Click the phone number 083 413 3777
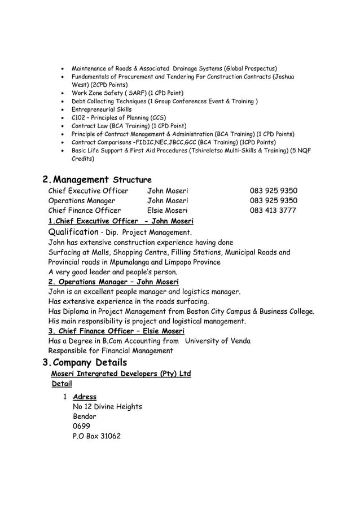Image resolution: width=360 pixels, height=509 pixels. pyautogui.click(x=273, y=211)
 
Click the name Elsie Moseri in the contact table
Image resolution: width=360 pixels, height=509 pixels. pyautogui.click(x=168, y=211)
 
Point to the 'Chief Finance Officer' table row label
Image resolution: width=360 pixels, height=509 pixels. pyautogui.click(x=85, y=211)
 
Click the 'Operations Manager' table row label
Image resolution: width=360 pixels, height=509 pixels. pyautogui.click(x=82, y=201)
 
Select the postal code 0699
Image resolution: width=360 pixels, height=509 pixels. pyautogui.click(x=81, y=426)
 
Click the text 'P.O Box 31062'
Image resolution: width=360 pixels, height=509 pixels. pyautogui.click(x=96, y=436)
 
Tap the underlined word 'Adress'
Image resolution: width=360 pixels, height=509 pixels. pyautogui.click(x=85, y=397)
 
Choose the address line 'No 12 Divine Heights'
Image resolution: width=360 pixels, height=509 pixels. pyautogui.click(x=107, y=407)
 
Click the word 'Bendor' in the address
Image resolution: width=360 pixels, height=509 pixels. pyautogui.click(x=85, y=416)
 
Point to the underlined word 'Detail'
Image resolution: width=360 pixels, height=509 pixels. pyautogui.click(x=62, y=384)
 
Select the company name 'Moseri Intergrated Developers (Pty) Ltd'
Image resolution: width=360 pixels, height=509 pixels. pyautogui.click(x=121, y=374)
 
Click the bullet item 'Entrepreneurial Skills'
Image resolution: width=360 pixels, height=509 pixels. pyautogui.click(x=102, y=109)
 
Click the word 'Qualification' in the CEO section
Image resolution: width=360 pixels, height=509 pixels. pyautogui.click(x=73, y=232)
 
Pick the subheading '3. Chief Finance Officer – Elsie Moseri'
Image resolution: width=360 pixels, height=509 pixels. pyautogui.click(x=116, y=331)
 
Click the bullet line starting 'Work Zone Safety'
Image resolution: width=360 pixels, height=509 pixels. pyautogui.click(x=128, y=93)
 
